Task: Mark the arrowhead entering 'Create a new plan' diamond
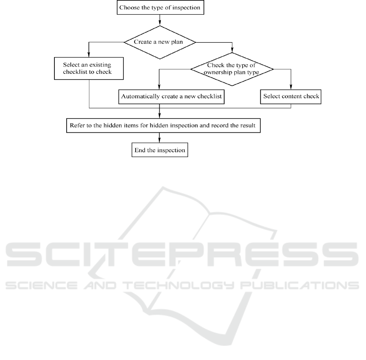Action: point(160,23)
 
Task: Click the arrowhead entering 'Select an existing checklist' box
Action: point(89,55)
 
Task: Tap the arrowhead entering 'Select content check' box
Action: point(291,87)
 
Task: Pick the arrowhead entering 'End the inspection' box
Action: point(159,140)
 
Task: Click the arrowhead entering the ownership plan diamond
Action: point(232,50)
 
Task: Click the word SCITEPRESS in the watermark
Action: point(182,254)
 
